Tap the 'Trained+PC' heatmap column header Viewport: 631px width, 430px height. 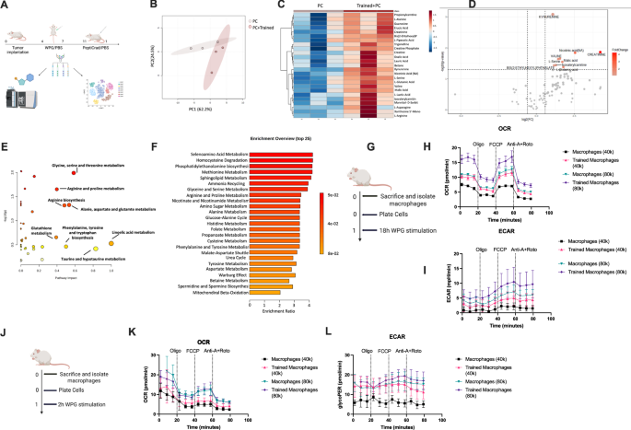(345, 8)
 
